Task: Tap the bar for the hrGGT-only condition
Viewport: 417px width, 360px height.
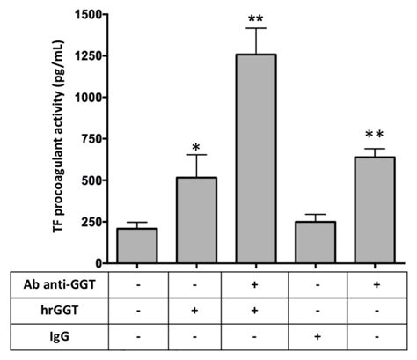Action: point(198,220)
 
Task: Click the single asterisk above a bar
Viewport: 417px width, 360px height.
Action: point(198,142)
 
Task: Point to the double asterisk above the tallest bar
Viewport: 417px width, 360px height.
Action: point(258,18)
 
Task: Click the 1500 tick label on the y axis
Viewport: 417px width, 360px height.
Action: point(86,14)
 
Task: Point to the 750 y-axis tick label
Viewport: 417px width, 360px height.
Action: point(91,138)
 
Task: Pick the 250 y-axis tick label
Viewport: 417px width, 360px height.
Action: point(91,222)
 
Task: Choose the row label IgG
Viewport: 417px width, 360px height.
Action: point(33,336)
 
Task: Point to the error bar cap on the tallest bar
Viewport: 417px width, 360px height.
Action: point(258,28)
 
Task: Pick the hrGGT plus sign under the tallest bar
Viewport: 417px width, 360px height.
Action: point(258,311)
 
